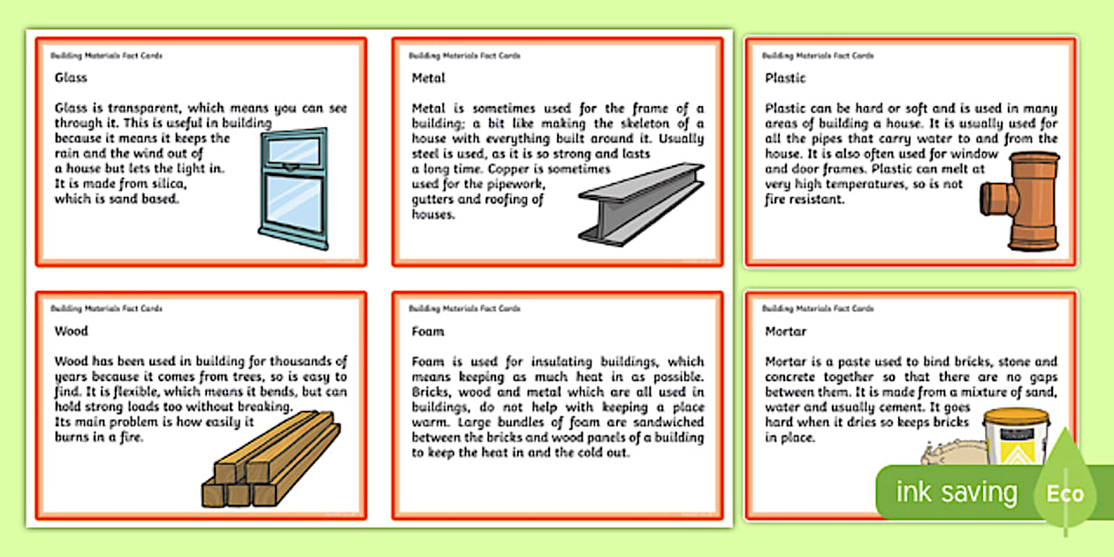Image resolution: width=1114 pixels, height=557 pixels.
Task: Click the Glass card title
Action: click(71, 78)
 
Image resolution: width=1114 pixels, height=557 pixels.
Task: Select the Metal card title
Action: click(428, 78)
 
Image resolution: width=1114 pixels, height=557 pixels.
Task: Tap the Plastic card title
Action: click(784, 78)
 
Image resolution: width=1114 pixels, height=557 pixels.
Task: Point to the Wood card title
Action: click(71, 332)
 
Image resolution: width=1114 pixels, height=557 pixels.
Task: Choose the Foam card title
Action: click(428, 332)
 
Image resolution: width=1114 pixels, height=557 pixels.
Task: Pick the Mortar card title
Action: click(785, 332)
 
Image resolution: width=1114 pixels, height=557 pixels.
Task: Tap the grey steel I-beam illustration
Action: click(641, 203)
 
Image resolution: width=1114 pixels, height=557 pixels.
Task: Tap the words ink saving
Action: click(957, 493)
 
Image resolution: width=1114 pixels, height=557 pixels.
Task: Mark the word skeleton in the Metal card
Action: click(642, 124)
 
